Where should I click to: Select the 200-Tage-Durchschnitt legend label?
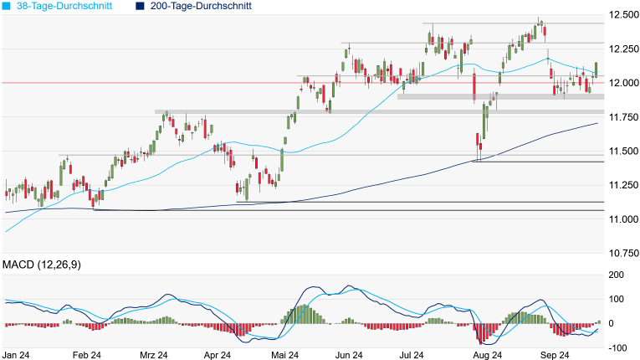point(201,6)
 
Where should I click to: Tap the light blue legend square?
point(7,6)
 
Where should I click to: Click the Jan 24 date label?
point(16,354)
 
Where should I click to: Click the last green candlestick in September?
point(596,68)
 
